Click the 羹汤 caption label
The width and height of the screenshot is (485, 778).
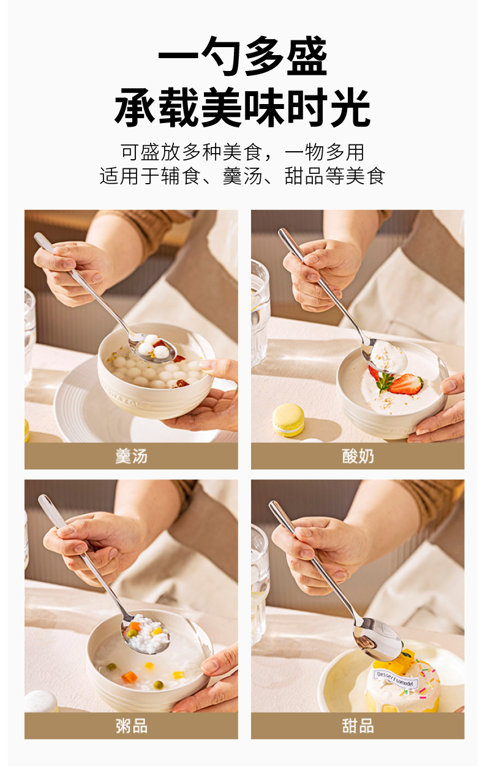(131, 456)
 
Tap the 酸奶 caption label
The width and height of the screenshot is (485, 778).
(358, 456)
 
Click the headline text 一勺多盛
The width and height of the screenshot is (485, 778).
(242, 56)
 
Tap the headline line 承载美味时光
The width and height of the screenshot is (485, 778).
(242, 107)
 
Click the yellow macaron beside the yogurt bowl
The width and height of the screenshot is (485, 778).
(288, 420)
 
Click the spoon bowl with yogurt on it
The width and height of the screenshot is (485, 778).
(384, 356)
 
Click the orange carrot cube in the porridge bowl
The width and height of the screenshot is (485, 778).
(129, 677)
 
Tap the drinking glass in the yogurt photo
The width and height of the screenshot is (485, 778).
(260, 313)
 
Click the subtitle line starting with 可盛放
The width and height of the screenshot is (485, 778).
(242, 152)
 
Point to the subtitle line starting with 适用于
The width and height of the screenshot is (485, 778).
(242, 176)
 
